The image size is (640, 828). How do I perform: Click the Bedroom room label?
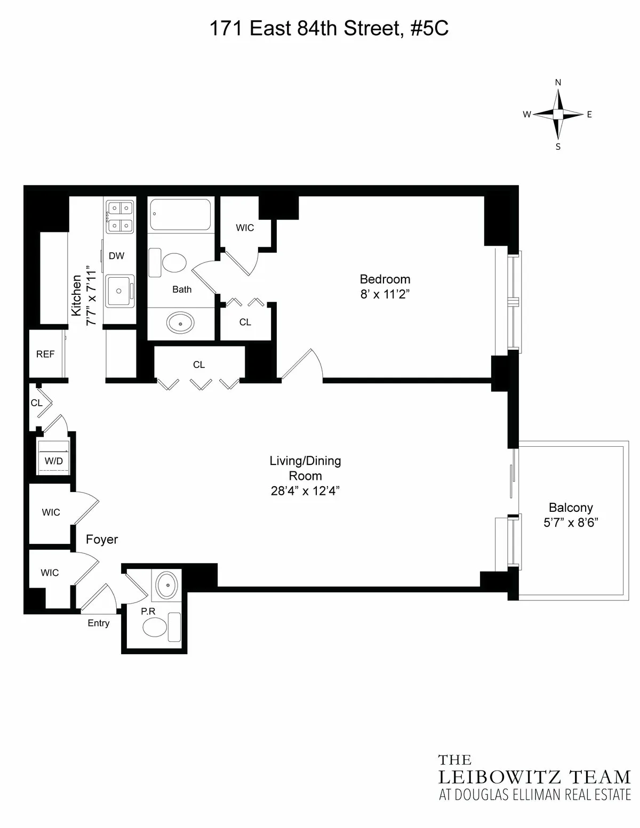click(x=385, y=279)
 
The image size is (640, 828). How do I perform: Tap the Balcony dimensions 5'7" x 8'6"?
click(x=571, y=522)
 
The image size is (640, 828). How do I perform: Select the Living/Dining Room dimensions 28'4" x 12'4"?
click(x=305, y=491)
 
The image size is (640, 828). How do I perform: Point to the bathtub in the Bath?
click(x=180, y=214)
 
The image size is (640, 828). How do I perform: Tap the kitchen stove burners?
click(x=119, y=216)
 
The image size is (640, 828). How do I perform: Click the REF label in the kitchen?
click(x=45, y=354)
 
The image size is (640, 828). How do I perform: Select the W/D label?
click(x=53, y=461)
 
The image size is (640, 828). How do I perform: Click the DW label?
click(x=116, y=256)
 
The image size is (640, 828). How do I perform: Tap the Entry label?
click(x=99, y=623)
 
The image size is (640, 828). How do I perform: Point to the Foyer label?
click(x=102, y=540)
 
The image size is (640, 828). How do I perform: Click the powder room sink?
click(x=167, y=585)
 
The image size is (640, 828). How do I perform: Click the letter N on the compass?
click(x=558, y=83)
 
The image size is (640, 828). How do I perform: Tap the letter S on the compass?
click(x=558, y=147)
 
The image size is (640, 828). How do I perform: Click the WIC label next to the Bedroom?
click(x=245, y=228)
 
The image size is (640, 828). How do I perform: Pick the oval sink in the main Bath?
click(x=180, y=322)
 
